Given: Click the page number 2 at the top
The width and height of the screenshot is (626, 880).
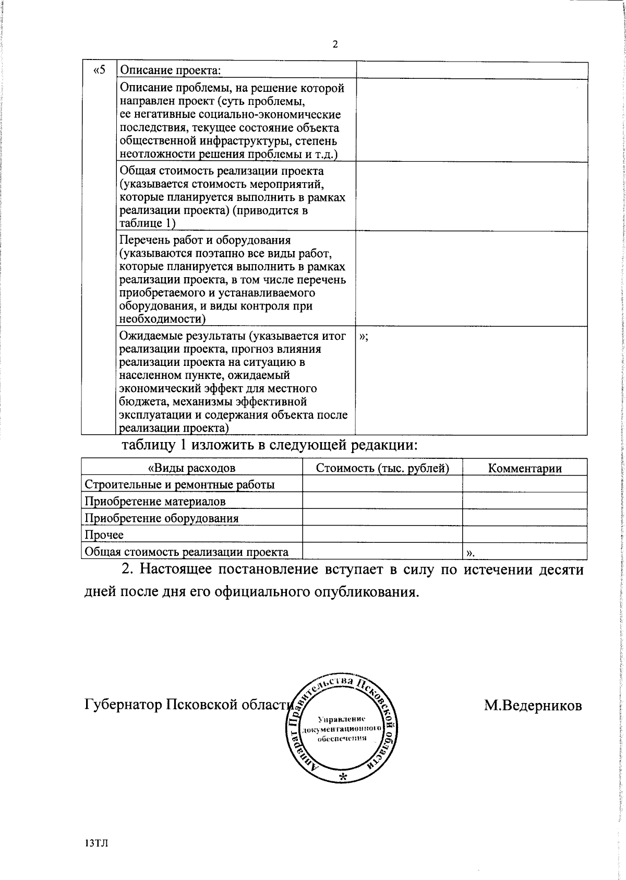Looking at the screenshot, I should pos(335,44).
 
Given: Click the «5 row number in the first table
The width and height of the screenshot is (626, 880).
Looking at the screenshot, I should pos(99,70).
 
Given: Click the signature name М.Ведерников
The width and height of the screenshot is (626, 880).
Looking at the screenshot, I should pos(533,706).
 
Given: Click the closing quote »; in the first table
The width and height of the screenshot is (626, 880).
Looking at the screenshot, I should pos(364,337).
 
